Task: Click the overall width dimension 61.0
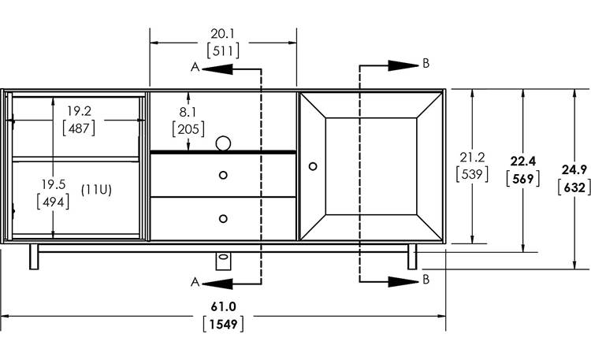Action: [x=223, y=306]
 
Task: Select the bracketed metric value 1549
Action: [x=223, y=325]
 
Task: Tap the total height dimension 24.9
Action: [x=574, y=169]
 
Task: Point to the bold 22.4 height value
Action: [x=522, y=161]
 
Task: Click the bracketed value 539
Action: [x=472, y=174]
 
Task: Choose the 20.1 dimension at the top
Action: [x=223, y=34]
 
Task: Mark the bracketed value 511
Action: [x=223, y=50]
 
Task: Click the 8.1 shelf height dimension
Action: [x=188, y=112]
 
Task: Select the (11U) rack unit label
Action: [x=96, y=190]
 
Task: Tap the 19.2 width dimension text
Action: [x=79, y=111]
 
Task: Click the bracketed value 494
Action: [x=53, y=202]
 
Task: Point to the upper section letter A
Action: [x=195, y=67]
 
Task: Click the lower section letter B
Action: [x=426, y=280]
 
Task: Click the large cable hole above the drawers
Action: [x=223, y=143]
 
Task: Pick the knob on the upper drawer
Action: [x=223, y=175]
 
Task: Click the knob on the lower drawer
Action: [x=223, y=219]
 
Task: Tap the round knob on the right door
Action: [x=313, y=166]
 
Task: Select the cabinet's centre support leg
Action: [x=223, y=261]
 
